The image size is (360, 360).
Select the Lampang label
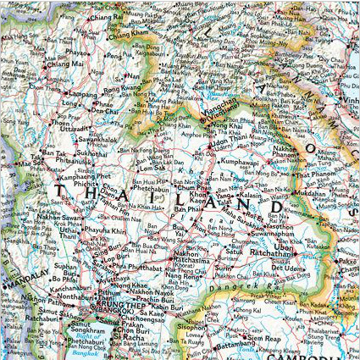(82, 95)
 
